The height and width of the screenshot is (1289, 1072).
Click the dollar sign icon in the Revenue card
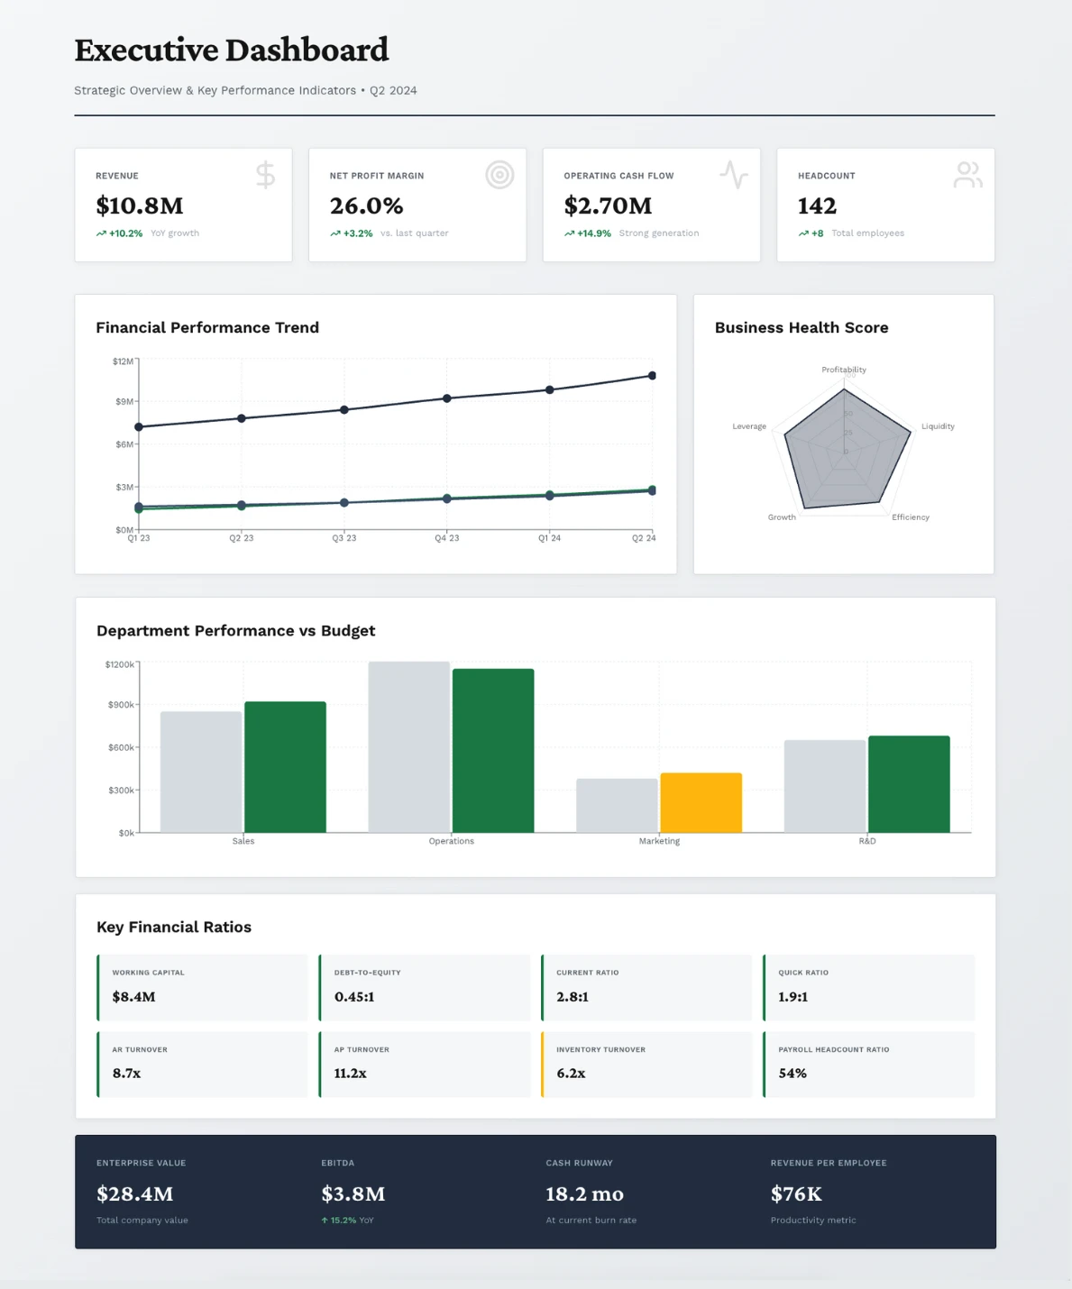pos(265,174)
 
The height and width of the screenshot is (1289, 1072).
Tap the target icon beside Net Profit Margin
pos(499,174)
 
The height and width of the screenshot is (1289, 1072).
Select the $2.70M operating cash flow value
pos(608,206)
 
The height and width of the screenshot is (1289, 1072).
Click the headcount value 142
pos(817,206)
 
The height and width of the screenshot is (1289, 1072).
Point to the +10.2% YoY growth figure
pos(125,233)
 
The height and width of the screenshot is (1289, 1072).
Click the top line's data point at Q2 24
pos(652,376)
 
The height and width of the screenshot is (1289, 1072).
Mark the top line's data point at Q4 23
pos(446,398)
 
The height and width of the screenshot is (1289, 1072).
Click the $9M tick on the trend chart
pos(124,401)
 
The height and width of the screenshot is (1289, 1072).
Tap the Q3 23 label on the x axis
pos(344,538)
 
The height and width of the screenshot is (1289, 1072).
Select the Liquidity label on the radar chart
pos(938,426)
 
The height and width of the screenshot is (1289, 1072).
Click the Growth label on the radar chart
pos(782,517)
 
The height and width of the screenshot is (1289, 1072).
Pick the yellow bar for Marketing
pos(701,802)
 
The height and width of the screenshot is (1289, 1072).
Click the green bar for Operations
pos(493,750)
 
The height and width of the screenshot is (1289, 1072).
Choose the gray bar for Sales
pos(201,772)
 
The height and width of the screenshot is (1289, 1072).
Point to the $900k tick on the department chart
pos(121,705)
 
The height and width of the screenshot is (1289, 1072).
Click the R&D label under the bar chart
pos(866,841)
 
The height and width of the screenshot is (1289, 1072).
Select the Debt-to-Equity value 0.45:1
pos(354,997)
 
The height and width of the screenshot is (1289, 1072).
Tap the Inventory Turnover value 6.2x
pos(571,1074)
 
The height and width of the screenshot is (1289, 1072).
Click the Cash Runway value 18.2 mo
pos(584,1194)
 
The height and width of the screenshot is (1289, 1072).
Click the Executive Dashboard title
pos(232,50)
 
